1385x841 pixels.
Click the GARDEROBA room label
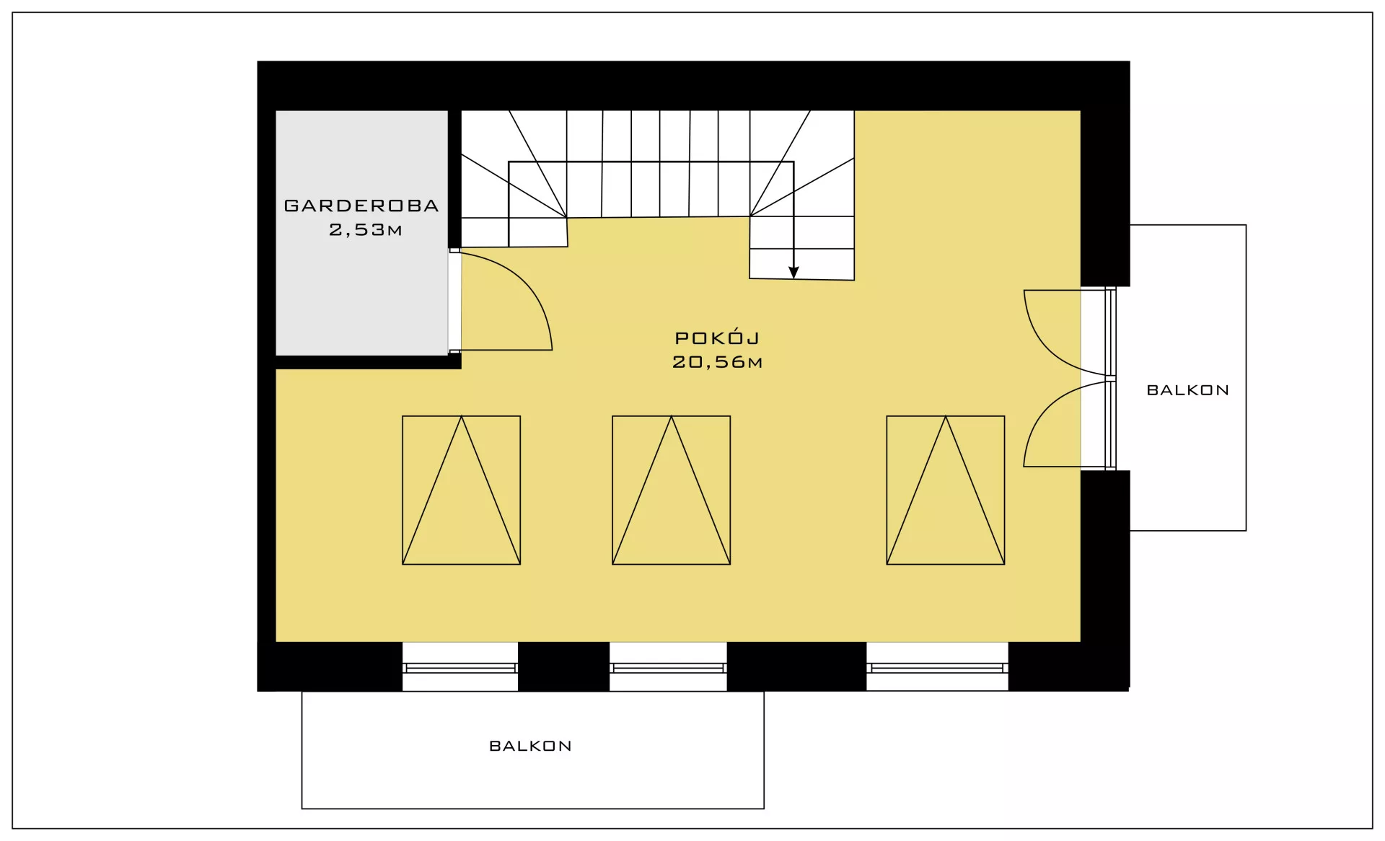tap(361, 206)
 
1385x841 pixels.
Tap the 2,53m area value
tap(366, 229)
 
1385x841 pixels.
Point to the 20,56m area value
tap(717, 361)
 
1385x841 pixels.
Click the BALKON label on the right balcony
tap(1188, 390)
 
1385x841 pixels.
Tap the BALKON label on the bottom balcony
tap(530, 746)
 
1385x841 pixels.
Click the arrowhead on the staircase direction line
tap(793, 273)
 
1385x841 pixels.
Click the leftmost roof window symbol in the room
tap(462, 490)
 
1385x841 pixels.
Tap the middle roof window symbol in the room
tap(672, 490)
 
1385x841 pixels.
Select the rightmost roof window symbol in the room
tap(946, 490)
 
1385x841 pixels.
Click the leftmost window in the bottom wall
tap(460, 667)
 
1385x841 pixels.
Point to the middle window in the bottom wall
tap(668, 667)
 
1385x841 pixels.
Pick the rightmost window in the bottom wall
tap(937, 667)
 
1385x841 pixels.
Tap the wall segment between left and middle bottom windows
tap(564, 666)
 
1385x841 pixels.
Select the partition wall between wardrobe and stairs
tap(454, 180)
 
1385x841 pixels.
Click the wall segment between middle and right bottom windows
tap(796, 666)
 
